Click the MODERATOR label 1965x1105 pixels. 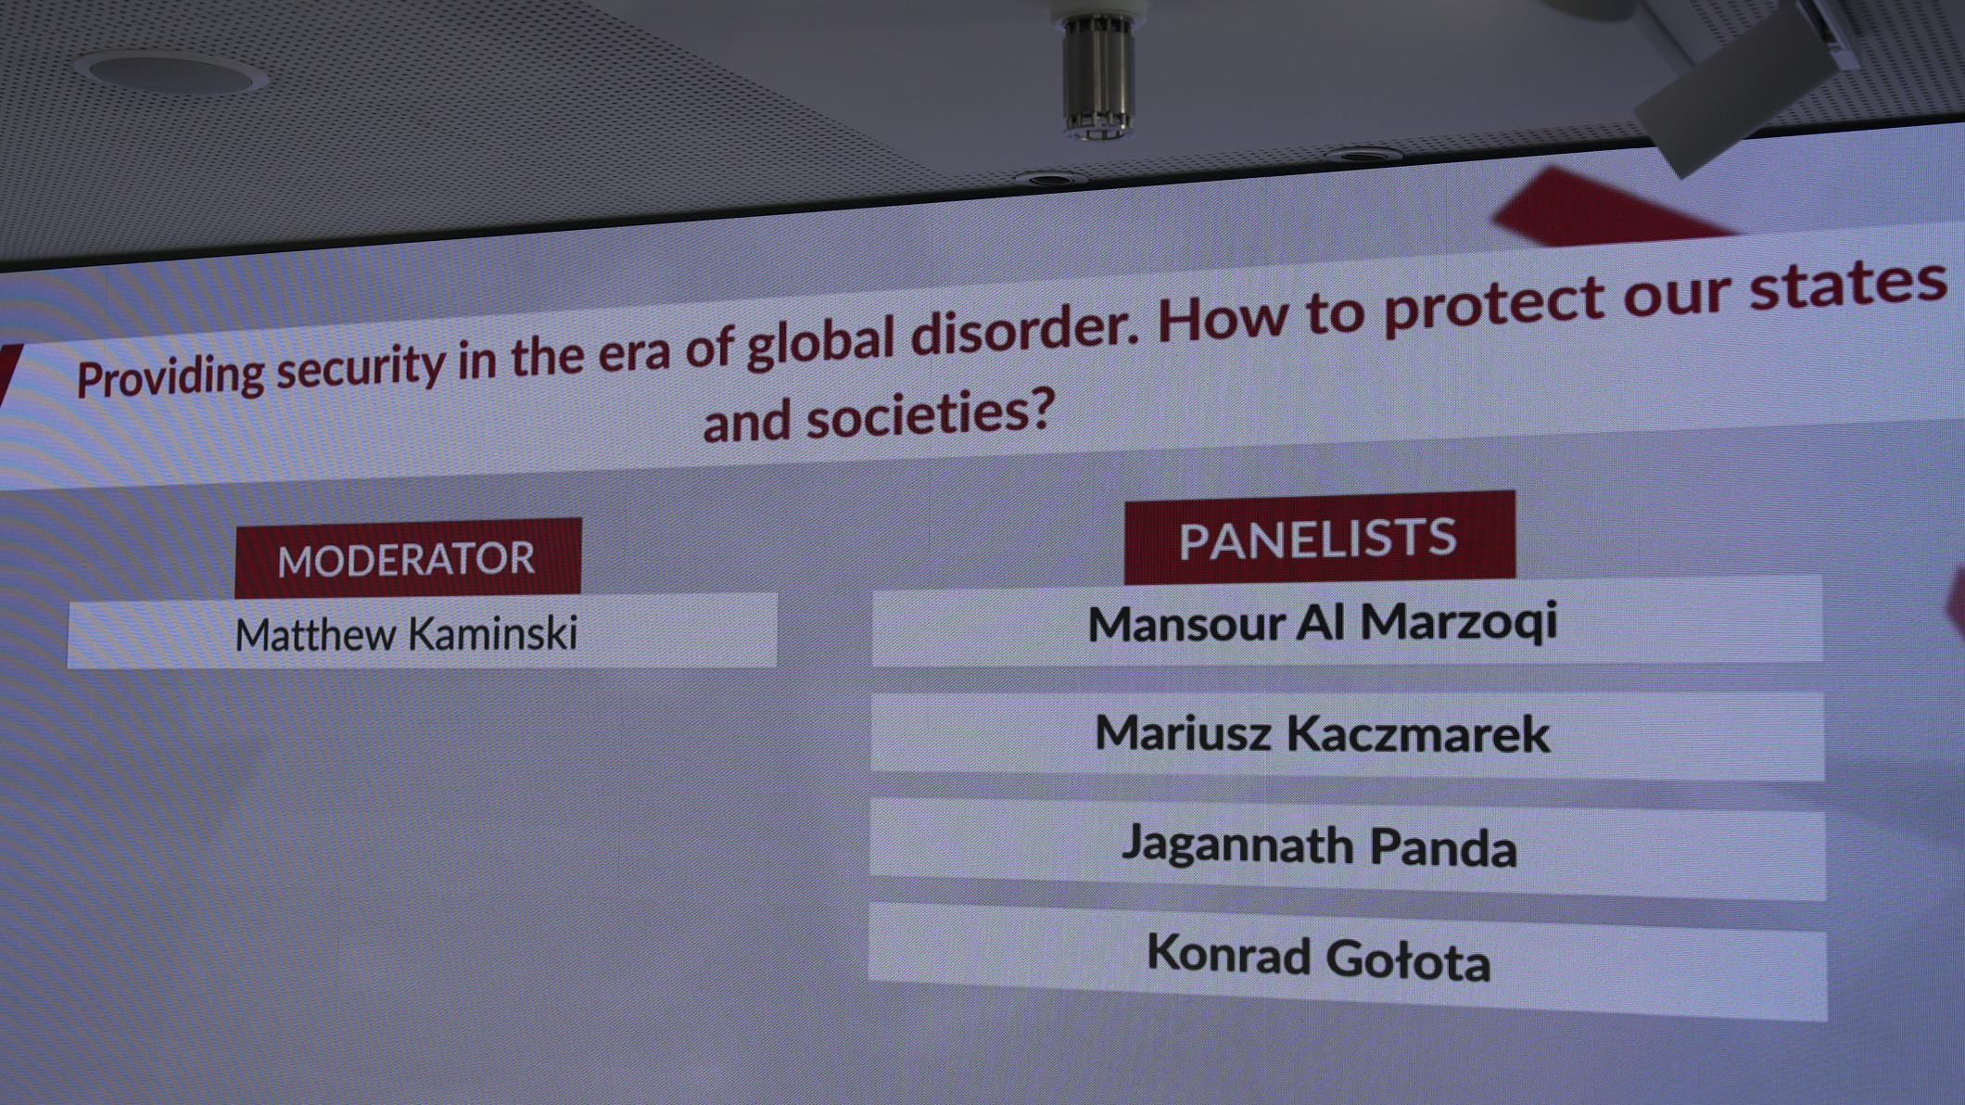pos(407,559)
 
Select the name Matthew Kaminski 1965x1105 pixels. pos(406,634)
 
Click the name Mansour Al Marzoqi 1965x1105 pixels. pos(1323,622)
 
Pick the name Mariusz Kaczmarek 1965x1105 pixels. pos(1322,733)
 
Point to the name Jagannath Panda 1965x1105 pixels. pos(1319,845)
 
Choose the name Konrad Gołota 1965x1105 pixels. pos(1318,957)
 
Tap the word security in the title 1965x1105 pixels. pos(361,364)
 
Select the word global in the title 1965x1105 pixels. pos(821,342)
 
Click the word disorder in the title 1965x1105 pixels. pos(1024,331)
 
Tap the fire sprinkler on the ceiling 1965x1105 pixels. pos(1098,74)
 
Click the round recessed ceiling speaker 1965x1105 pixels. pos(171,72)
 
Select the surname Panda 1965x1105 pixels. pos(1443,846)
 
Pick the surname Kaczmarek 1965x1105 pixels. pos(1418,734)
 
